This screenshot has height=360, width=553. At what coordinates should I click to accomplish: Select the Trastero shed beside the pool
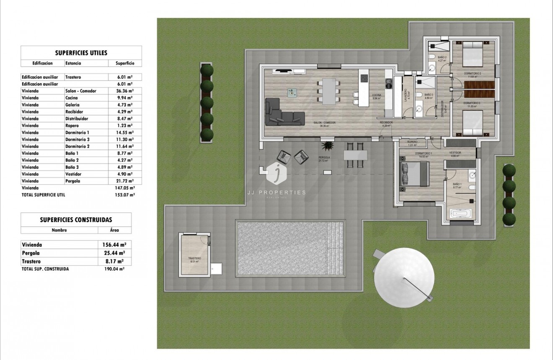194,255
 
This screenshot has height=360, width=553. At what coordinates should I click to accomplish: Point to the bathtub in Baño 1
461,214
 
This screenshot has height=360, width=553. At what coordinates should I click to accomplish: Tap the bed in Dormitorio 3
473,123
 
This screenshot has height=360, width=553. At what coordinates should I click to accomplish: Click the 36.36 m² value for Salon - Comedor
124,91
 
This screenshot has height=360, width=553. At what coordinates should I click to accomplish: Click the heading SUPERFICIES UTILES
81,53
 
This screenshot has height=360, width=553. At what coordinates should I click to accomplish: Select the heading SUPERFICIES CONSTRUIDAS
76,220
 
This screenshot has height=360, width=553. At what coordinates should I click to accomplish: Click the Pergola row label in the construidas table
31,253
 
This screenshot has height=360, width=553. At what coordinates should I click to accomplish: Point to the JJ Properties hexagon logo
276,173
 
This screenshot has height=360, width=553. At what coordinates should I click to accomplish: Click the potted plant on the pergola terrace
326,146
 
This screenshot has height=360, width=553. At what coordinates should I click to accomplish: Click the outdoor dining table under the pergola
355,155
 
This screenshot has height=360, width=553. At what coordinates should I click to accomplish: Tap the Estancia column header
73,63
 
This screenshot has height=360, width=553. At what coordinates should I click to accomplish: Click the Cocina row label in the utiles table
72,98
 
